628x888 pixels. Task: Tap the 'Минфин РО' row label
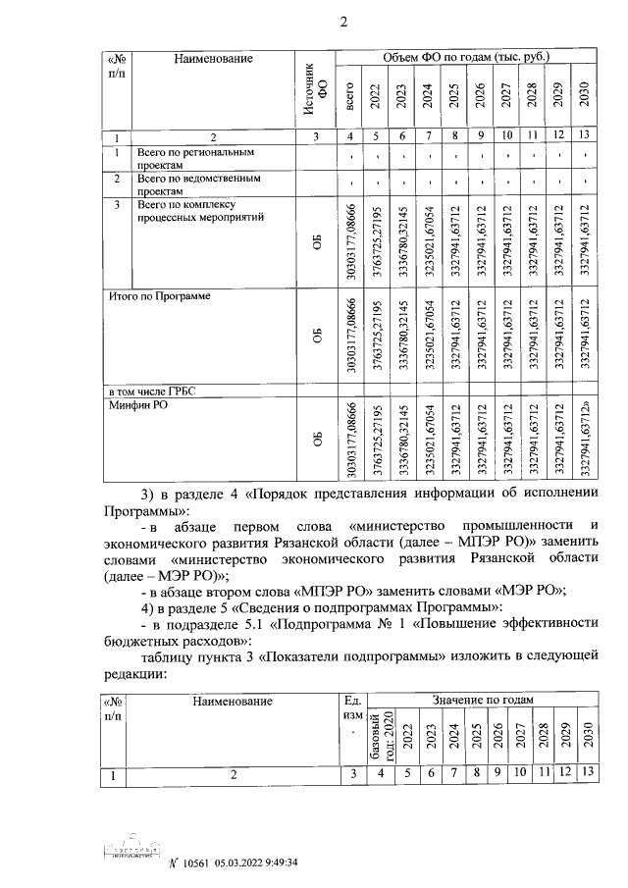[x=141, y=406]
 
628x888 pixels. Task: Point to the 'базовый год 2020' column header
[x=380, y=738]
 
